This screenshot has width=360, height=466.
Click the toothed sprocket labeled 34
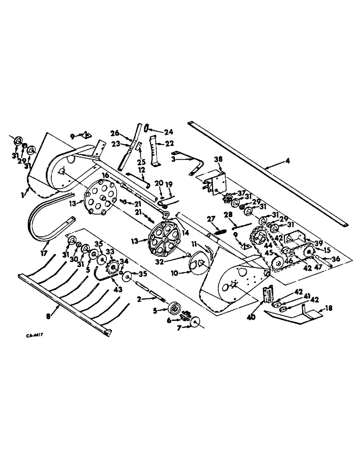(x=111, y=268)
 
